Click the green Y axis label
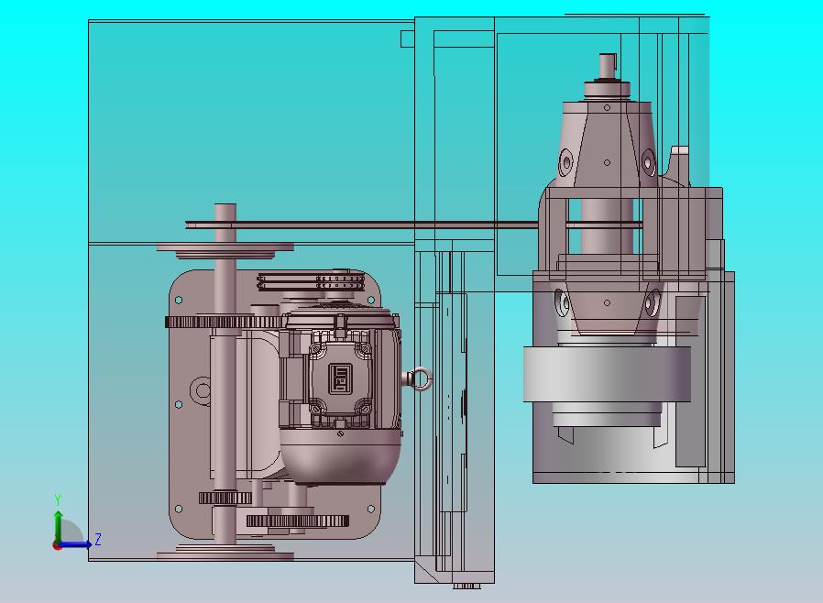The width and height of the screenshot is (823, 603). (x=58, y=499)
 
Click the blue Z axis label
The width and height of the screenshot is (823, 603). (x=98, y=539)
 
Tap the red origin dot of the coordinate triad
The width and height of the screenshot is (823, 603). (x=57, y=546)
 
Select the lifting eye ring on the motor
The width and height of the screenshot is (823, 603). (x=422, y=378)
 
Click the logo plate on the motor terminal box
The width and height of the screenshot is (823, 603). (x=340, y=378)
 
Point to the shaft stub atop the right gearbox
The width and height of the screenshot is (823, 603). (x=608, y=66)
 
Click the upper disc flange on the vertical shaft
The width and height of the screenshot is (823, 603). (x=225, y=250)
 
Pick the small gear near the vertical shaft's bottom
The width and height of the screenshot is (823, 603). (x=225, y=498)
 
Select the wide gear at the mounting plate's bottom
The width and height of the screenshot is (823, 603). (x=298, y=521)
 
